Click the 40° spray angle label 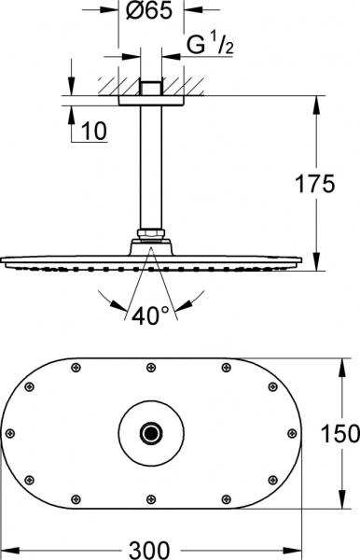149,317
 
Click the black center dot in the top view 149,432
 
